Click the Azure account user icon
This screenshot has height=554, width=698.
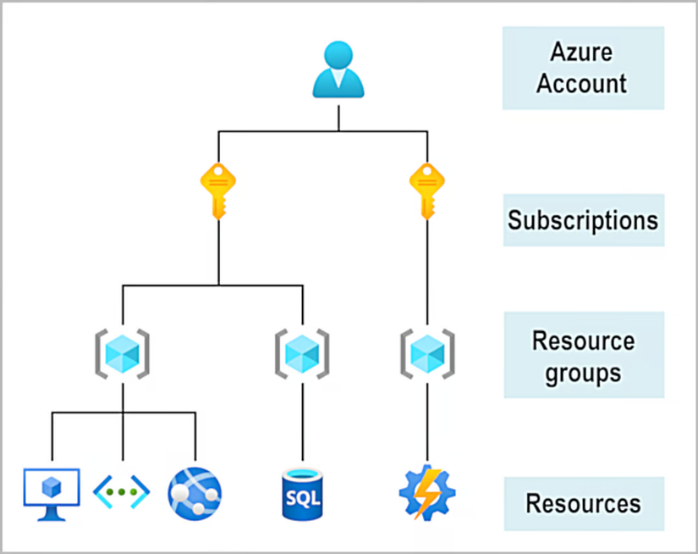tap(338, 69)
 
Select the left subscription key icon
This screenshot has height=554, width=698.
tap(217, 190)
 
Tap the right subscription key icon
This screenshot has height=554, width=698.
tap(426, 190)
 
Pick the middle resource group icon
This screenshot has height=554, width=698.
tap(302, 349)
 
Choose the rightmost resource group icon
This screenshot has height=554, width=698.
tap(426, 349)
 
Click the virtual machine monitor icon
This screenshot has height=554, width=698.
tap(52, 490)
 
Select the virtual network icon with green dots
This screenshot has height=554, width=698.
tap(122, 491)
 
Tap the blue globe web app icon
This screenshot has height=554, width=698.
tap(195, 492)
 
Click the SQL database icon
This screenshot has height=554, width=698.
tap(301, 494)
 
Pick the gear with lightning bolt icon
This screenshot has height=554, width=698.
tap(426, 492)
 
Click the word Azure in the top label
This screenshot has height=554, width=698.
tap(582, 53)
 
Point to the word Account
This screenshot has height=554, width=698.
tap(582, 83)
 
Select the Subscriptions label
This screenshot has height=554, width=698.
tap(582, 221)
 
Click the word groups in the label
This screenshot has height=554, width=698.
tap(582, 372)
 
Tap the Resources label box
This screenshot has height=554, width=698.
tap(582, 503)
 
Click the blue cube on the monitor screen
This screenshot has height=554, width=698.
tap(52, 485)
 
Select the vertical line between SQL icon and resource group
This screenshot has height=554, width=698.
tap(302, 424)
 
